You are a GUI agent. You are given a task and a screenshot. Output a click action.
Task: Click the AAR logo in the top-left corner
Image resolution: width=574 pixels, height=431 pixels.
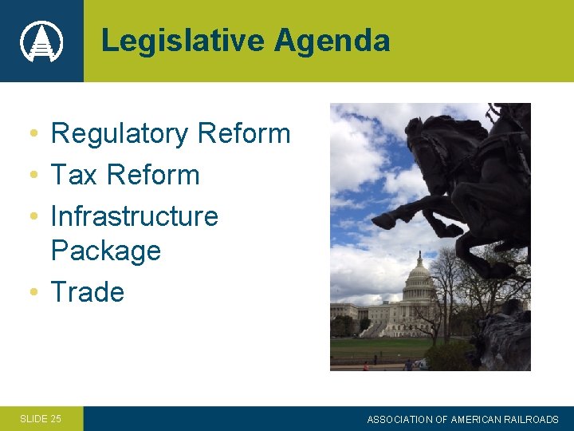pyautogui.click(x=41, y=41)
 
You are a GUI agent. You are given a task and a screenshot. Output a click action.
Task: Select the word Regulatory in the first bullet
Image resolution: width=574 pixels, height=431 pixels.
pyautogui.click(x=120, y=134)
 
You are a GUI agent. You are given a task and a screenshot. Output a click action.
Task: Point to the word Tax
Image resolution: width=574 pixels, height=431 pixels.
pyautogui.click(x=73, y=175)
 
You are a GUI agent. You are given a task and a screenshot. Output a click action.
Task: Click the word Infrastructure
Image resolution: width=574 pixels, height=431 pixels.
pyautogui.click(x=134, y=216)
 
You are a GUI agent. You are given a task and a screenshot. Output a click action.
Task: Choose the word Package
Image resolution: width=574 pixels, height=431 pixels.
pyautogui.click(x=105, y=251)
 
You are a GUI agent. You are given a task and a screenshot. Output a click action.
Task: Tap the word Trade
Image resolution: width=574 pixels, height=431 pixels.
pyautogui.click(x=87, y=292)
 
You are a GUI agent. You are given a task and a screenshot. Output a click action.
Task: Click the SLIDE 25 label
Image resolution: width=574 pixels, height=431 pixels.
pyautogui.click(x=40, y=418)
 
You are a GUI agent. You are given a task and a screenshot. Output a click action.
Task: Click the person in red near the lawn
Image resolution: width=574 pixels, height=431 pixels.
pyautogui.click(x=366, y=366)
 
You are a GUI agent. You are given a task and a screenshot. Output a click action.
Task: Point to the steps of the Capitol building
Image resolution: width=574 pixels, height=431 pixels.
pyautogui.click(x=375, y=329)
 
